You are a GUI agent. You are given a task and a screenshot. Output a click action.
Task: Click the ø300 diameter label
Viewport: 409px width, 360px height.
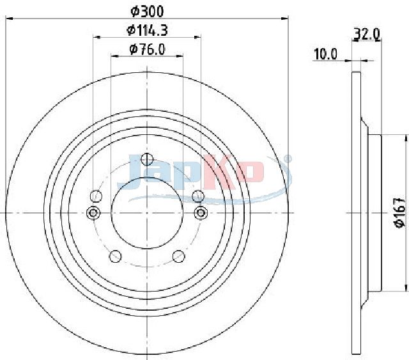pyautogui.click(x=147, y=12)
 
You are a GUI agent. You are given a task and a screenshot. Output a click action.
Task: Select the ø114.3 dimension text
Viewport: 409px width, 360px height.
pyautogui.click(x=147, y=30)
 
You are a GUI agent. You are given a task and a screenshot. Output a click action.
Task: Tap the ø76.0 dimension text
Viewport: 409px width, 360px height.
pyautogui.click(x=148, y=49)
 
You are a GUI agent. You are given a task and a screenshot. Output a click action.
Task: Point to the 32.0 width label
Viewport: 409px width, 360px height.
pyautogui.click(x=367, y=34)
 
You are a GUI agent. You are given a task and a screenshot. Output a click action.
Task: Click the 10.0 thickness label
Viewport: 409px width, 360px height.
pyautogui.click(x=325, y=54)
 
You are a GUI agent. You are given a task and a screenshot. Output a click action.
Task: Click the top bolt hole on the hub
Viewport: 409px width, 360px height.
pyautogui.click(x=147, y=159)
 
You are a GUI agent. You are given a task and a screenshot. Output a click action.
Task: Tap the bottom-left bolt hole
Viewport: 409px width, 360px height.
pyautogui.click(x=115, y=256)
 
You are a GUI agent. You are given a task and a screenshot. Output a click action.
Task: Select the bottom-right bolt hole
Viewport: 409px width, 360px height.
pyautogui.click(x=179, y=256)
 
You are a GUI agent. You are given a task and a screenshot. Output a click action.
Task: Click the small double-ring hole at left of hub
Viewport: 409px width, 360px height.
pyautogui.click(x=93, y=213)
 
